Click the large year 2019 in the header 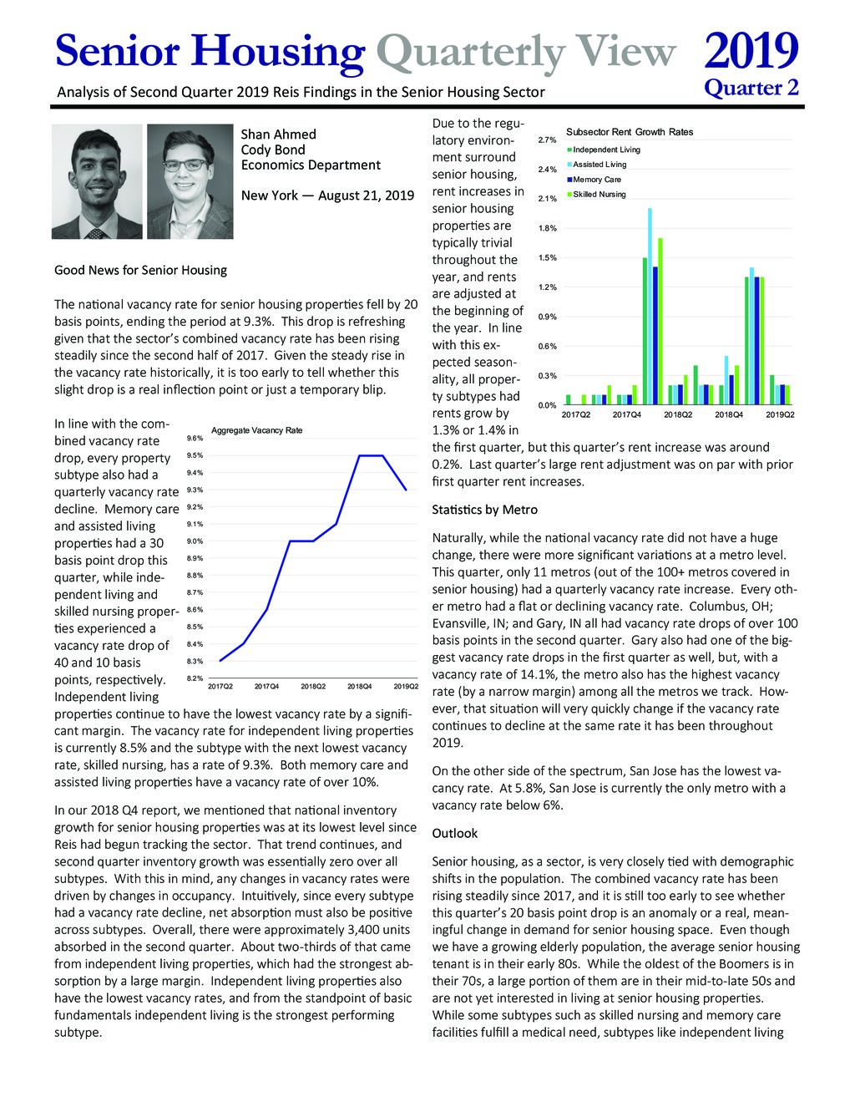(751, 51)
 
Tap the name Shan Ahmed (278, 134)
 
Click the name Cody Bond (272, 150)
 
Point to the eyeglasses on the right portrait (185, 165)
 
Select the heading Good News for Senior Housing (140, 270)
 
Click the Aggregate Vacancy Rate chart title (256, 430)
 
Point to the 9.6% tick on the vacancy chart (195, 438)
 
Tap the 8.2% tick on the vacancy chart (195, 678)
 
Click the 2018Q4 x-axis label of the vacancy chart (360, 687)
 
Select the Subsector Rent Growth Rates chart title (630, 132)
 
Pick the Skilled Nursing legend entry (599, 195)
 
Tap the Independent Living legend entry (606, 150)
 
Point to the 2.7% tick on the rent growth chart (547, 140)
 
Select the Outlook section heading (455, 833)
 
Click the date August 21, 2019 (367, 196)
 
